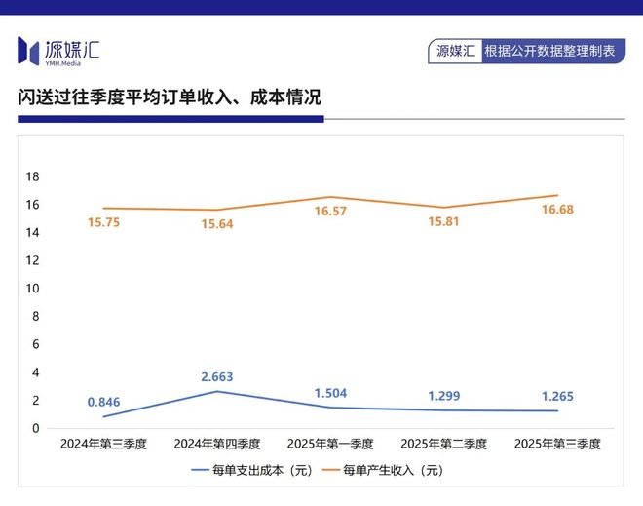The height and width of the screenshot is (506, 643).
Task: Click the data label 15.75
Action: point(104,223)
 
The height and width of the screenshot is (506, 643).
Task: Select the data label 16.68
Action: point(558,210)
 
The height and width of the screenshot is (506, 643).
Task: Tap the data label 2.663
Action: point(217,376)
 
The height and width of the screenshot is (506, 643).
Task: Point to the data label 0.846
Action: point(104,402)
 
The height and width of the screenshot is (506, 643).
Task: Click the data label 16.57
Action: point(330,211)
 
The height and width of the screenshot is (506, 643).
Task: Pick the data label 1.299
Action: point(443,396)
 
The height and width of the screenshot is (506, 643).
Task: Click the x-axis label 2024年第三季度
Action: point(103,444)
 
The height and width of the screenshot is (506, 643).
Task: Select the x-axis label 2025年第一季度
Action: point(330,444)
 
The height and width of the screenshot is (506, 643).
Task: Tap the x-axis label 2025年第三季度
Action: point(557,444)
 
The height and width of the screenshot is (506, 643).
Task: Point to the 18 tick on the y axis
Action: point(32,176)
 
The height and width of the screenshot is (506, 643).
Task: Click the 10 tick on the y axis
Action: point(32,289)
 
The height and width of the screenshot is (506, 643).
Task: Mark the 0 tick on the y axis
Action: point(35,428)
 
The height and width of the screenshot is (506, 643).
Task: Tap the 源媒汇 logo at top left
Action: point(58,49)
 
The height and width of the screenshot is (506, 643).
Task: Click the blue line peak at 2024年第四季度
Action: point(217,391)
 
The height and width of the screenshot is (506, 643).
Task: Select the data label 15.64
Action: point(217,224)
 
